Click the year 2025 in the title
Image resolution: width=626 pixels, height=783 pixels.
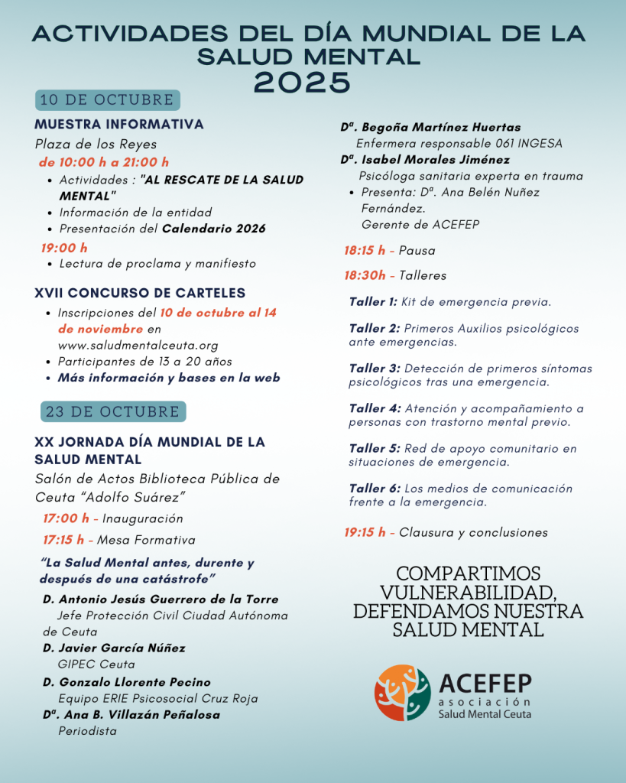(x=302, y=80)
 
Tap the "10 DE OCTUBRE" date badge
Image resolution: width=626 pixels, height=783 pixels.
(x=108, y=100)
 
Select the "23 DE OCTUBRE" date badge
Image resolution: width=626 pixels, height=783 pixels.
(x=113, y=411)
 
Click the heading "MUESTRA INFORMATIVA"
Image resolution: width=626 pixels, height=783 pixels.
(x=119, y=124)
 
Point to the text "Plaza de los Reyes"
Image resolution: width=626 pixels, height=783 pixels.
(x=96, y=144)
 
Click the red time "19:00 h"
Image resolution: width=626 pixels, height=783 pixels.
(x=64, y=247)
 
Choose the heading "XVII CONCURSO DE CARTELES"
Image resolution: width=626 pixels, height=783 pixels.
(x=140, y=293)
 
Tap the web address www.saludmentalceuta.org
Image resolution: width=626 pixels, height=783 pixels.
(x=138, y=345)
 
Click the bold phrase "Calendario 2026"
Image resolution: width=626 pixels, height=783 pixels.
(x=214, y=229)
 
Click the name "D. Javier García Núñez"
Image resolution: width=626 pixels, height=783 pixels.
(x=114, y=648)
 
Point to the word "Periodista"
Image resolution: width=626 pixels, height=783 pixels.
(x=87, y=731)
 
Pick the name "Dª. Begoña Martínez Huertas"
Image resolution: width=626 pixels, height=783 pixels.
(x=430, y=127)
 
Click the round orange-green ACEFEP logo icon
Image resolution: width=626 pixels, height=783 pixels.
(x=403, y=693)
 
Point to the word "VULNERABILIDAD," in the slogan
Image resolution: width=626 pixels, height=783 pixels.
(x=468, y=593)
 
